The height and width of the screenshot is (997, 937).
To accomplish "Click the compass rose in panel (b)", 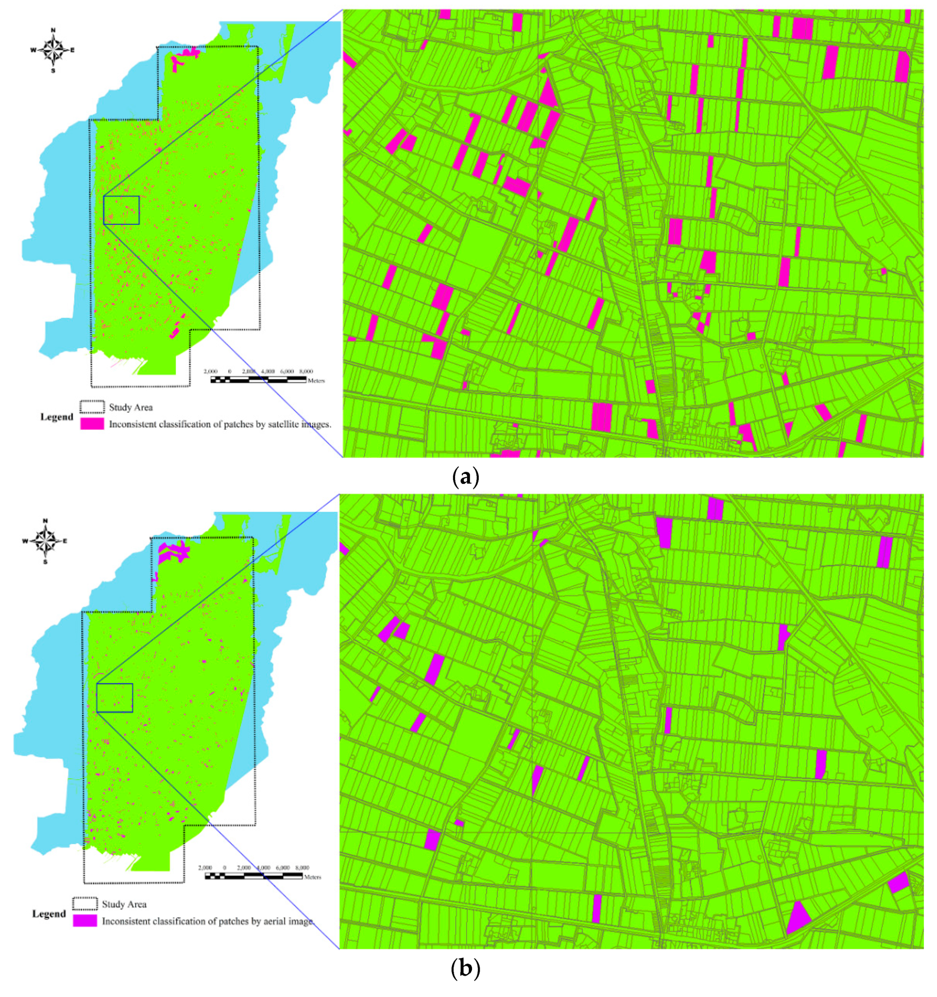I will pyautogui.click(x=45, y=541).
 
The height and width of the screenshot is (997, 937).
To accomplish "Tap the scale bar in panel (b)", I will pyautogui.click(x=253, y=876).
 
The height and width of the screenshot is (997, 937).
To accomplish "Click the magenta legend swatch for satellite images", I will pyautogui.click(x=92, y=424).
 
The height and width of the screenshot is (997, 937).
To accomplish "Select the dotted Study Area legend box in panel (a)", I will pyautogui.click(x=92, y=407).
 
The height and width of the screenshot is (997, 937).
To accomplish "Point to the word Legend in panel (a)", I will pyautogui.click(x=57, y=417).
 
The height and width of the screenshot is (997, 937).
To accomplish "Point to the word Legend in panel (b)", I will pyautogui.click(x=49, y=914).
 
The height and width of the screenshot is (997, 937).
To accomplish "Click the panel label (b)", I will pyautogui.click(x=465, y=968).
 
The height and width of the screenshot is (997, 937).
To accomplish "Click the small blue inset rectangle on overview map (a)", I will pyautogui.click(x=121, y=210).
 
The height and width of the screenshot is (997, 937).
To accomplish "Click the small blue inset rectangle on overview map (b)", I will pyautogui.click(x=114, y=698).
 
